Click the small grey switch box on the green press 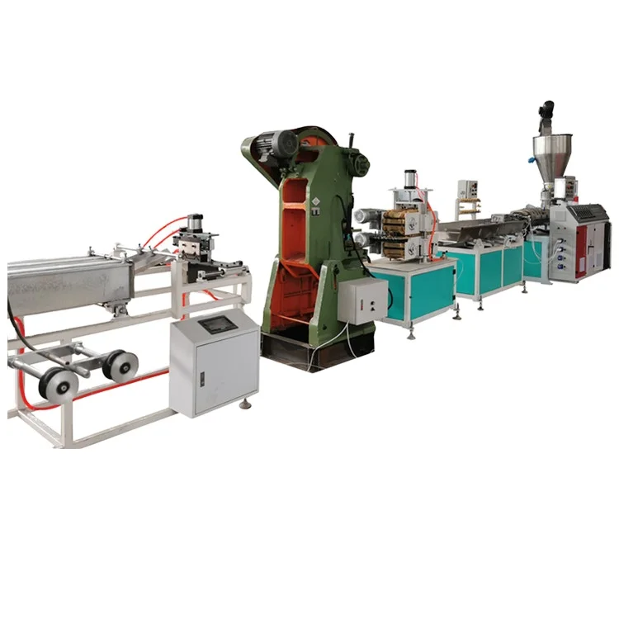coord(362,300)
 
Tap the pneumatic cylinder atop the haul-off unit coord(411,180)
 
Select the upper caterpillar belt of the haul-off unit coord(399,216)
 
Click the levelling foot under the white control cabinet coord(245,404)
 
